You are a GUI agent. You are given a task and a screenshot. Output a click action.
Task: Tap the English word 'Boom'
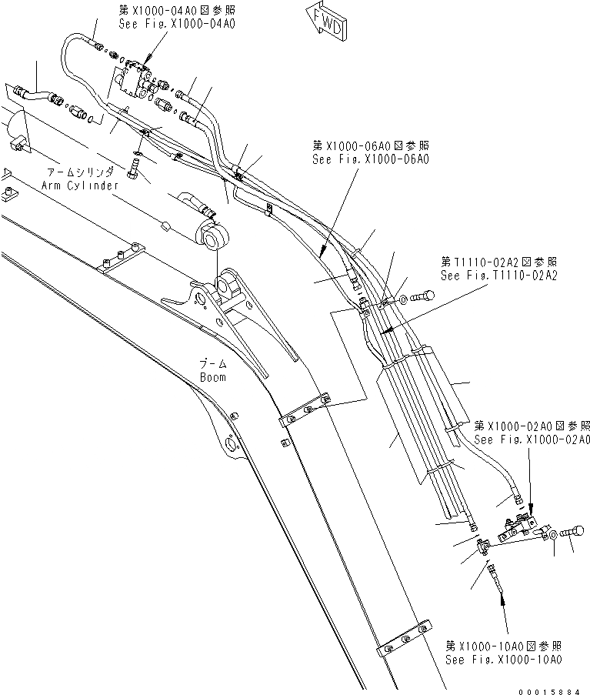(x=212, y=377)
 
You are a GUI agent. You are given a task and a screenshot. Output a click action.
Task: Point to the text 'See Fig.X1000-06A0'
(x=370, y=159)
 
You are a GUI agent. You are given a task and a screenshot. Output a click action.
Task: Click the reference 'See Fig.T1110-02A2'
(x=498, y=274)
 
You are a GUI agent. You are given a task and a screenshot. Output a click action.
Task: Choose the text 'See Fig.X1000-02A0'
(x=532, y=439)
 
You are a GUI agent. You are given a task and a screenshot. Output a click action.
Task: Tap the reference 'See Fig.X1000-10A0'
(x=505, y=660)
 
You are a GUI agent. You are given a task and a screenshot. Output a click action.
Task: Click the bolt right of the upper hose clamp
(x=422, y=295)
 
